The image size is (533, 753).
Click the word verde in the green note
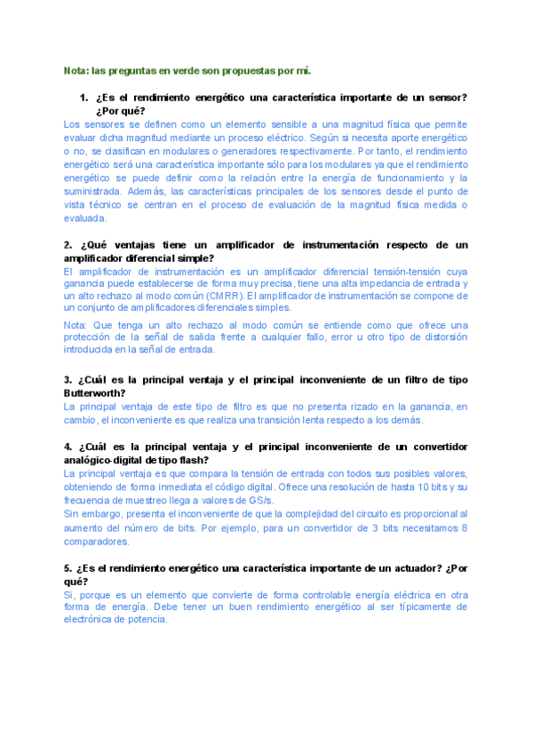(184, 70)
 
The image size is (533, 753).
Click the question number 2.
(68, 244)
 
